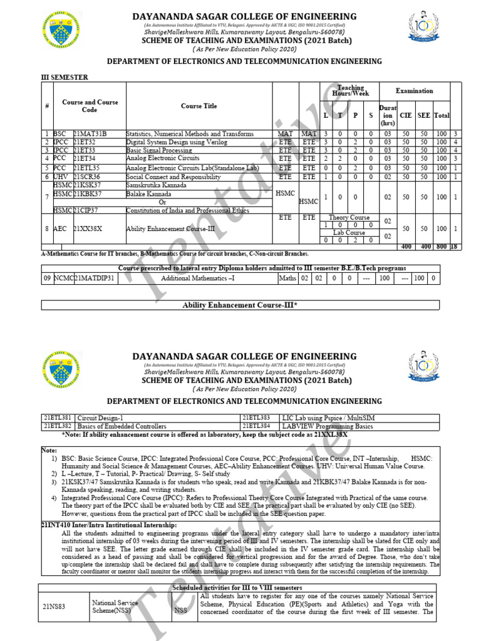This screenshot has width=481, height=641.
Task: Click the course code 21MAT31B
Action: (x=90, y=134)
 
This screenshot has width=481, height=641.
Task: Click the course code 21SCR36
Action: (x=86, y=177)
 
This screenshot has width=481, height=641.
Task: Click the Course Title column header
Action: (x=199, y=106)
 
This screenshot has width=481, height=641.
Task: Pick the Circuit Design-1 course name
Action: (x=100, y=418)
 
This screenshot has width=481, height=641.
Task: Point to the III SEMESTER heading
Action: (x=65, y=77)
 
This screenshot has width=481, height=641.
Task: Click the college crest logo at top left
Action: (x=61, y=31)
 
